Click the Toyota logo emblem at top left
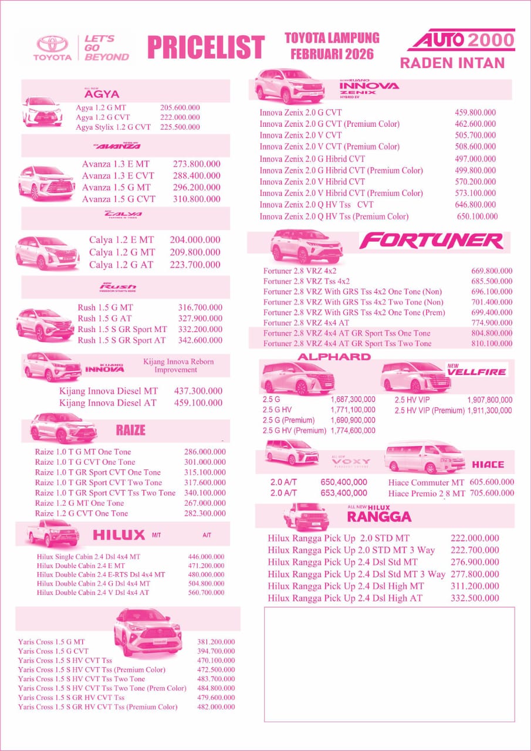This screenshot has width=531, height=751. (x=53, y=44)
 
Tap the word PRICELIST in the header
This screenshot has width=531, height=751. (x=206, y=48)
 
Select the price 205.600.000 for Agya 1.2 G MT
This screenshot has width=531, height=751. (x=180, y=108)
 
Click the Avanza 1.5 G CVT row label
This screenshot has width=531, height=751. (x=119, y=199)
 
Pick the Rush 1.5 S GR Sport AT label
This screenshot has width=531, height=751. (x=121, y=340)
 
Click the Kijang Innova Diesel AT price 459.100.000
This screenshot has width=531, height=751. (x=198, y=403)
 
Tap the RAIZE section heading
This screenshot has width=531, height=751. (x=130, y=430)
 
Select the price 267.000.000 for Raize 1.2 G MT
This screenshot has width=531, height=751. (x=205, y=503)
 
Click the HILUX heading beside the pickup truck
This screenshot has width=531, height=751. (x=119, y=535)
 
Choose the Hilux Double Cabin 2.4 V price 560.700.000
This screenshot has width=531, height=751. (x=206, y=593)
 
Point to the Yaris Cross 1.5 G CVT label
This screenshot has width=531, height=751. (x=53, y=651)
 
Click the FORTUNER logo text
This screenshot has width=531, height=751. (x=431, y=241)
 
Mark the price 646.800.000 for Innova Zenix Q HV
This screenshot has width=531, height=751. (x=475, y=205)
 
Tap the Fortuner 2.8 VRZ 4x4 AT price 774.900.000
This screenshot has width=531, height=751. (x=492, y=323)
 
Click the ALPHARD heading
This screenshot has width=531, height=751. (x=334, y=357)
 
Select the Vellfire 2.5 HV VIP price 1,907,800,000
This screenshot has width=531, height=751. (x=490, y=400)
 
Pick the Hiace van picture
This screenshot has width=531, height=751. (x=424, y=457)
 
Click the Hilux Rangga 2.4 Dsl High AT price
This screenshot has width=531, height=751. (x=475, y=598)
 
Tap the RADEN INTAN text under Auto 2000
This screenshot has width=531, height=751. (x=452, y=63)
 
